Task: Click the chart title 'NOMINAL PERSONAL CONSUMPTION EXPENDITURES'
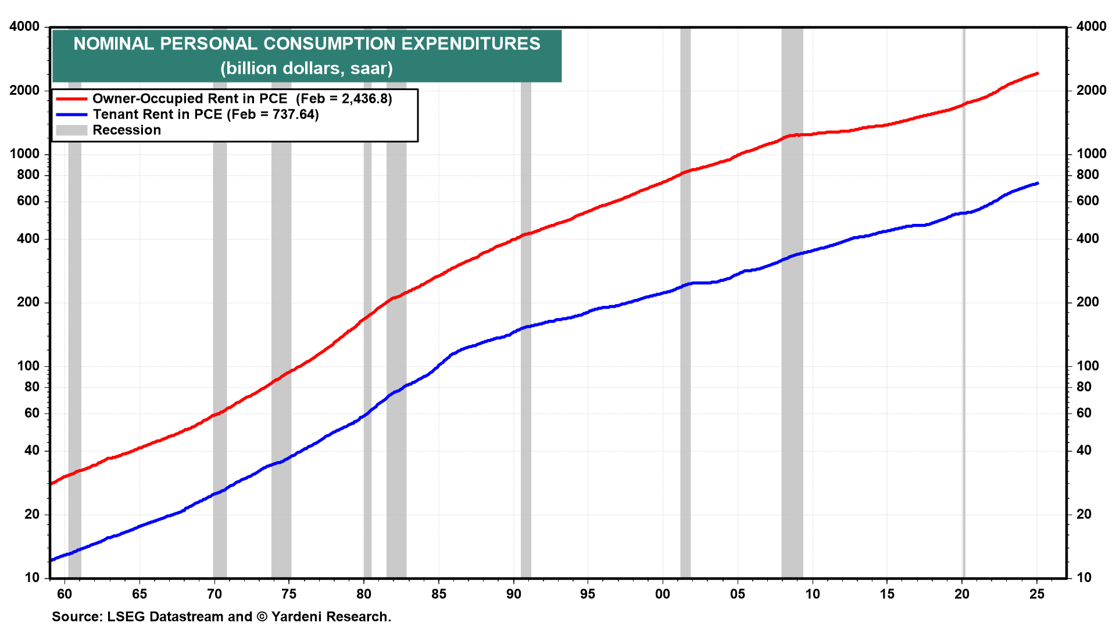click(x=307, y=44)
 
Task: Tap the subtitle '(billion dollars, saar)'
click(x=307, y=69)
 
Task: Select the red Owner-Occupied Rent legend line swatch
click(x=71, y=99)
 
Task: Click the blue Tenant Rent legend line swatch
click(x=71, y=115)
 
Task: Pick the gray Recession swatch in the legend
click(x=71, y=130)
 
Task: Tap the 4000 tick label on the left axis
click(x=24, y=27)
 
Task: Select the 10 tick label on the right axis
click(x=1084, y=578)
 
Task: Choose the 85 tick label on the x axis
click(x=439, y=594)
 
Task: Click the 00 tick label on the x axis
click(x=663, y=594)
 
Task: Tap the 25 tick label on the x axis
click(x=1037, y=594)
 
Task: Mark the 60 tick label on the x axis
click(x=65, y=594)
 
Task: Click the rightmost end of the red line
click(x=1038, y=74)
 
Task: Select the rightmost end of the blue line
click(x=1038, y=184)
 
